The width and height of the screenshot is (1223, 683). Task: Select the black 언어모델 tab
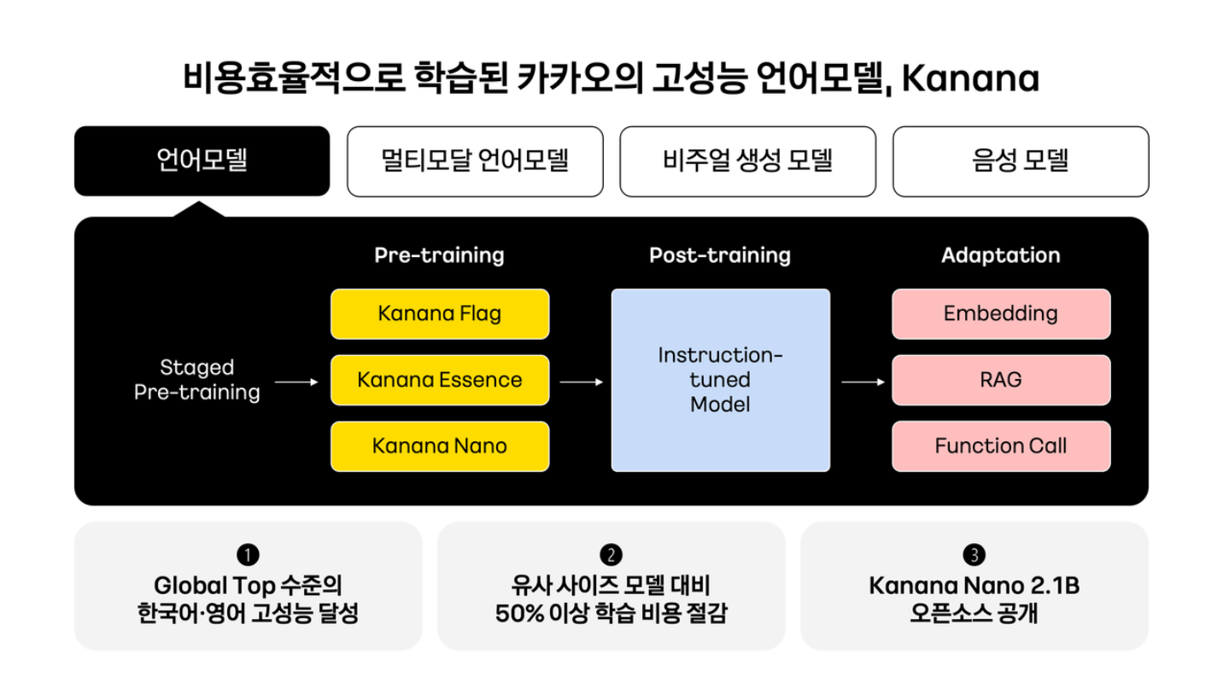click(x=202, y=161)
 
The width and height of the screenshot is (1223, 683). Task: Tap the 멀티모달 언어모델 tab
click(x=475, y=161)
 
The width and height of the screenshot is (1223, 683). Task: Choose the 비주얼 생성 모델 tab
click(x=747, y=161)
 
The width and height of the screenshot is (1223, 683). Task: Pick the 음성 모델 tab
click(x=1021, y=161)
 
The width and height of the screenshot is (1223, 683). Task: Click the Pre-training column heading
click(x=439, y=255)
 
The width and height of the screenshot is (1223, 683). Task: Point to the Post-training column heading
click(x=720, y=255)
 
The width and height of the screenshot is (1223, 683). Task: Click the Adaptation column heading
click(x=1000, y=255)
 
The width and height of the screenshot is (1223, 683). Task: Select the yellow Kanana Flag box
click(x=440, y=313)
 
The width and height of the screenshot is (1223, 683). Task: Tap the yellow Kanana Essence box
click(x=440, y=380)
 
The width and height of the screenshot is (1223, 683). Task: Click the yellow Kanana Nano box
click(x=440, y=446)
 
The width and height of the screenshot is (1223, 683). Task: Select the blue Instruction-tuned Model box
click(x=720, y=380)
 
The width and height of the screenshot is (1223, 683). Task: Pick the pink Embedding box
click(x=1001, y=313)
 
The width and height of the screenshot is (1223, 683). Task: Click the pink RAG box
click(x=1001, y=380)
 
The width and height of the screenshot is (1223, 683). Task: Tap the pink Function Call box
click(x=1001, y=446)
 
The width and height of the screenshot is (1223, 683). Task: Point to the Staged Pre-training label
click(x=197, y=380)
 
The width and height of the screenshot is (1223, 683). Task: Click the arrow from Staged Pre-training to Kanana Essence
click(x=296, y=382)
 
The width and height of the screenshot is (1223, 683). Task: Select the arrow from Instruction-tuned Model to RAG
click(x=863, y=382)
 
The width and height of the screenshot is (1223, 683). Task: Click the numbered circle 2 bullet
click(x=611, y=555)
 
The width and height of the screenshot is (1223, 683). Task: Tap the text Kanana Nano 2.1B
click(x=974, y=587)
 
